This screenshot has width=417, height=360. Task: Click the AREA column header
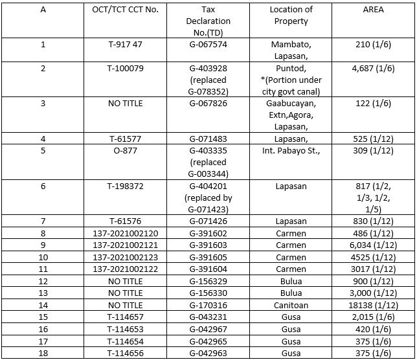(373, 10)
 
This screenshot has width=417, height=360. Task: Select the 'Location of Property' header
(291, 16)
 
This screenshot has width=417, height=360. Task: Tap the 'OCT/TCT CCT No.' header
(125, 10)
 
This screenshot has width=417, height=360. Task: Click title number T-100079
(125, 69)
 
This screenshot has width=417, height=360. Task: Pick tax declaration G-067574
(208, 45)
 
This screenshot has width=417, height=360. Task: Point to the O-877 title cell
(125, 151)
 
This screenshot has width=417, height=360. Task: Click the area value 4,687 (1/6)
(373, 69)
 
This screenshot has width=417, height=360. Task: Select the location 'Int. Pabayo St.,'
(291, 151)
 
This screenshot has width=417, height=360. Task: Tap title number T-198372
(125, 186)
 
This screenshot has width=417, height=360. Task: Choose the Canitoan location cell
(291, 305)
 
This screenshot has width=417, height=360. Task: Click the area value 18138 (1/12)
(373, 305)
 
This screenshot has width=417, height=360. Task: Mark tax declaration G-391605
(208, 257)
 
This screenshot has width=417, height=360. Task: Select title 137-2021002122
(125, 269)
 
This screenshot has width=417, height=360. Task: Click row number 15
(43, 317)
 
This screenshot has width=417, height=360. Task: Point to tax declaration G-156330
(208, 293)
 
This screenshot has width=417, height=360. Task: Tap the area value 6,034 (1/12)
(373, 245)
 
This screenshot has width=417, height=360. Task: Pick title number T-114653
(125, 329)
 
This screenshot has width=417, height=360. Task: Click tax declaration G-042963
(208, 352)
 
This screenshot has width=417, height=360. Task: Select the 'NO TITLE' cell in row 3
(125, 104)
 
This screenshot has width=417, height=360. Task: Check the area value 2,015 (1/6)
(373, 317)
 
